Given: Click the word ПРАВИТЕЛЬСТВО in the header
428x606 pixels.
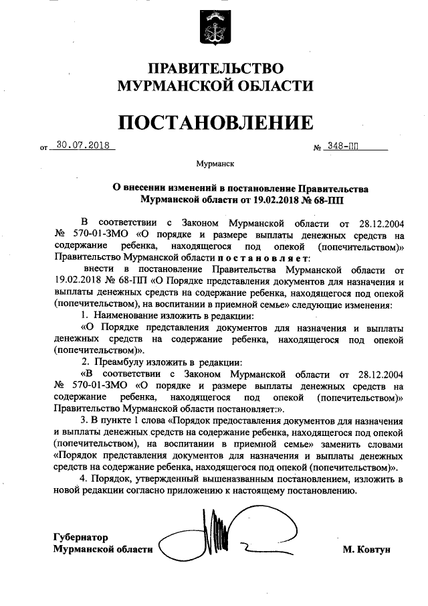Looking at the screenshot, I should coord(215,69).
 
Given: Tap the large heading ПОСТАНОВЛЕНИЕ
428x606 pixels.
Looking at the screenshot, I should coord(215,123).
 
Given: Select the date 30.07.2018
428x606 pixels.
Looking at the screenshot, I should coord(83,143).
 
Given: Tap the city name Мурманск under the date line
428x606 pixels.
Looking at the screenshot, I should coord(215,163).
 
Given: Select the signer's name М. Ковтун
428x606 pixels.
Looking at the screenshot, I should coord(366,550).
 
